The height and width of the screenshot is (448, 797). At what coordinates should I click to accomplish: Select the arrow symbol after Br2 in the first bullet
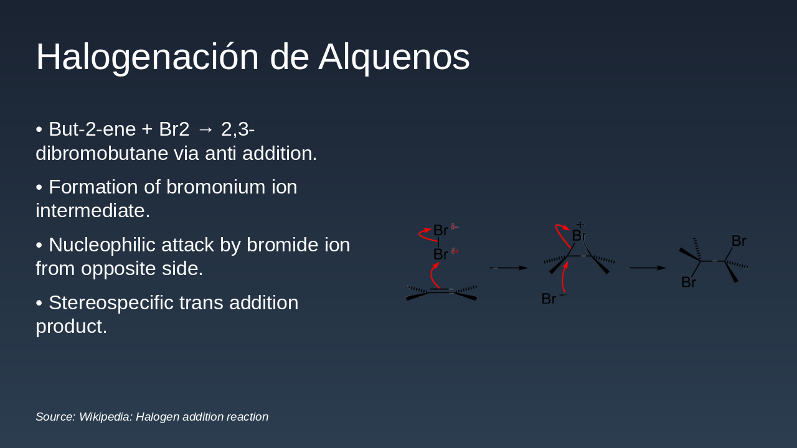pyautogui.click(x=205, y=129)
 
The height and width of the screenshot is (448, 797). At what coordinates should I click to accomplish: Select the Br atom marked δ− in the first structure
pyautogui.click(x=440, y=231)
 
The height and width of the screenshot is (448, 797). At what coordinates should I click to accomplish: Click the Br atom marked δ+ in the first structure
pyautogui.click(x=440, y=254)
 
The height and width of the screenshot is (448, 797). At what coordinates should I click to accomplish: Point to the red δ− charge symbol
pyautogui.click(x=455, y=227)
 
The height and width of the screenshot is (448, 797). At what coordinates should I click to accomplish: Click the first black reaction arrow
pyautogui.click(x=509, y=268)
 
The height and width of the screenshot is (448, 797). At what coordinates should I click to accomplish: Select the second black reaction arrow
pyautogui.click(x=648, y=268)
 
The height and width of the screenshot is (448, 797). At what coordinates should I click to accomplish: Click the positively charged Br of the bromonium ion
pyautogui.click(x=579, y=236)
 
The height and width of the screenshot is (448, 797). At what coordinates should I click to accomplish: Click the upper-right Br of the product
pyautogui.click(x=738, y=241)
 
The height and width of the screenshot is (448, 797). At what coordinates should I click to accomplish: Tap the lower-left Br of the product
pyautogui.click(x=688, y=282)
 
